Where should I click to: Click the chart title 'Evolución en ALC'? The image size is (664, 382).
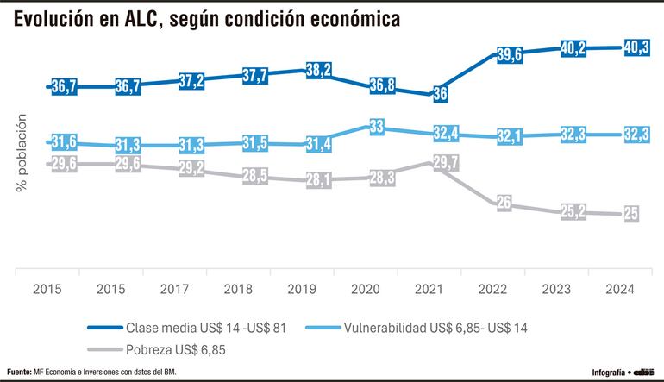[206, 20]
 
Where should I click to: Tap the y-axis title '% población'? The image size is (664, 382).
[22, 153]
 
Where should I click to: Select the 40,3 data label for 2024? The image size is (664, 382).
[635, 47]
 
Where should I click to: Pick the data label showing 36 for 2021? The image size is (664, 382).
[439, 94]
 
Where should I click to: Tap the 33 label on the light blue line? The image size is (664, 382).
[377, 128]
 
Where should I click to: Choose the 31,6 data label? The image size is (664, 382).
[66, 142]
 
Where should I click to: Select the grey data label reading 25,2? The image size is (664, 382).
[570, 212]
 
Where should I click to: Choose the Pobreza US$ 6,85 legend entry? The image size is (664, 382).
[178, 350]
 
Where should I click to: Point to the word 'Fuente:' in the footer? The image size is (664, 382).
[21, 373]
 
